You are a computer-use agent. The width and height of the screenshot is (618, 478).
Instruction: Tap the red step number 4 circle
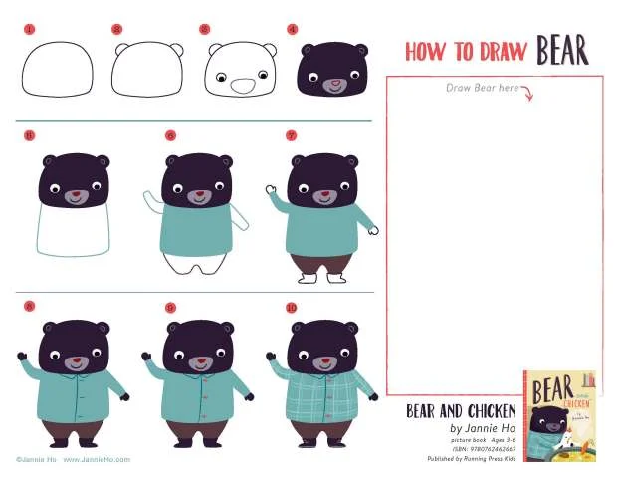292,30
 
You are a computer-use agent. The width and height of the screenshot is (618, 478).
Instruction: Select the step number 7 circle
292,136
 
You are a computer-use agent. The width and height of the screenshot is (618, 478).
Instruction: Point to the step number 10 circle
292,308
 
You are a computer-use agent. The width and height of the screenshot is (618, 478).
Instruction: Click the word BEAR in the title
562,50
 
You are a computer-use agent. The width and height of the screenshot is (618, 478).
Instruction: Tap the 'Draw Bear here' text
483,89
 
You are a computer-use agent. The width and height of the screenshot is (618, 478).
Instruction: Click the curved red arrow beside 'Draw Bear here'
527,95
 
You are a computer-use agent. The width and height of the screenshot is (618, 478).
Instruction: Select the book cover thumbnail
559,415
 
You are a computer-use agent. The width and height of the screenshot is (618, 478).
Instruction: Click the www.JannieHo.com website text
97,460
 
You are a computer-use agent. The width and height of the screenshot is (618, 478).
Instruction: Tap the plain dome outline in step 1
58,71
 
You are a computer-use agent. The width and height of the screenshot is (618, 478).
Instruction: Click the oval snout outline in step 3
242,86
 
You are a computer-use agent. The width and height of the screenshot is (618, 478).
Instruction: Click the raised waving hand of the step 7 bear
269,188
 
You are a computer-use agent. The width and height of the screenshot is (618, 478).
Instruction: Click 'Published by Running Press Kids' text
471,459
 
